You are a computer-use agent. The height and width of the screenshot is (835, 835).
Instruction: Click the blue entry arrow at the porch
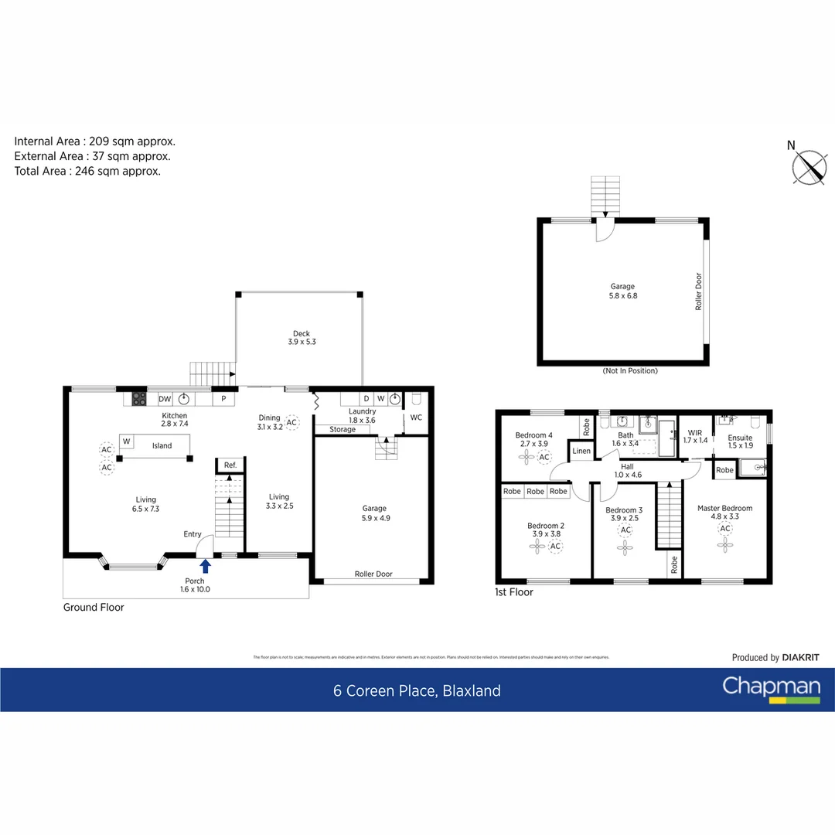(x=206, y=566)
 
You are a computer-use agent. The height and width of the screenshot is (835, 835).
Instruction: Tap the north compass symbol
(x=809, y=166)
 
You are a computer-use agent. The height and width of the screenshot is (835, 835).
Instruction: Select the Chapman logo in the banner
(x=771, y=689)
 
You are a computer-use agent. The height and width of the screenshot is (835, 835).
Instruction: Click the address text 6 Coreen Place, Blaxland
(x=417, y=690)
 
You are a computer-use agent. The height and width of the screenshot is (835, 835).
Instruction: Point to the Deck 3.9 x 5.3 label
(x=301, y=338)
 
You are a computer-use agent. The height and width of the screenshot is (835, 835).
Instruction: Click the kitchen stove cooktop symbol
(x=139, y=399)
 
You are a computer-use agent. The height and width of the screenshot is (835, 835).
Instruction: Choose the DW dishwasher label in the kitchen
(x=165, y=399)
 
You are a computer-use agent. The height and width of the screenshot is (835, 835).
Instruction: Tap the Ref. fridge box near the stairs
(x=230, y=465)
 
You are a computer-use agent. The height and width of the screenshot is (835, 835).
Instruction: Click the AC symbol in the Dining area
(x=291, y=422)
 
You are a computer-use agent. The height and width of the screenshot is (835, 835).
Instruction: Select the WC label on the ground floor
(x=416, y=417)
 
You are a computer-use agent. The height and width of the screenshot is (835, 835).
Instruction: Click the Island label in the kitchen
(x=162, y=445)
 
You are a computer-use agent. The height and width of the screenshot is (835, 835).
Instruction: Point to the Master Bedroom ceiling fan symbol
(x=724, y=545)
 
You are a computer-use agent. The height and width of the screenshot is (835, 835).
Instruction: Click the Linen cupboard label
(x=581, y=451)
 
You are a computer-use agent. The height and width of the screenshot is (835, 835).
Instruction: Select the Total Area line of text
(x=87, y=172)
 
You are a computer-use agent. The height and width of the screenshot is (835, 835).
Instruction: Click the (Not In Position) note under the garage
(x=629, y=371)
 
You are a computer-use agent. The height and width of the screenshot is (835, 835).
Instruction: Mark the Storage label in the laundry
(x=342, y=429)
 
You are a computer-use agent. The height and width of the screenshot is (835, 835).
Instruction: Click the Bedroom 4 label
(x=533, y=440)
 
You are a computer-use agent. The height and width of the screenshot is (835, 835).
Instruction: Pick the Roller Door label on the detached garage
(x=697, y=291)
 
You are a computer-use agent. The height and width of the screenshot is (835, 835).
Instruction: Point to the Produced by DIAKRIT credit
(x=775, y=657)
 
